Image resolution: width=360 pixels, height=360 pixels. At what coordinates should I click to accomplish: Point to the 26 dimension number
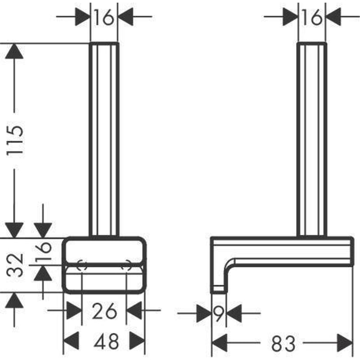pos(104,310)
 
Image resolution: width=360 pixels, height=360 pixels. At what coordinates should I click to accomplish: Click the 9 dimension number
pos(219,312)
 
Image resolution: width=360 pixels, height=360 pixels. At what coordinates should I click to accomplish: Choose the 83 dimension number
pos(282,344)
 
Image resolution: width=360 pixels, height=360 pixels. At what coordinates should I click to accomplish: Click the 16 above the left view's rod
pos(104,18)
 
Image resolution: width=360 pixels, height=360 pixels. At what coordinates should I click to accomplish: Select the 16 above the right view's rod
pos(311,18)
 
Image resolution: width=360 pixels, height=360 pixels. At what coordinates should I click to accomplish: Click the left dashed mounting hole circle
pos(81,265)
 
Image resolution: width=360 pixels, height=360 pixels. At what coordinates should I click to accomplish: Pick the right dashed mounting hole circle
pos(127,265)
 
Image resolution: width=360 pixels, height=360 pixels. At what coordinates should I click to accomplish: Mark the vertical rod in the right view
pos(311,139)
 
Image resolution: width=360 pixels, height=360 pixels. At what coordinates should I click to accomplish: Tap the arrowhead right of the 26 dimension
pos(135,310)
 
